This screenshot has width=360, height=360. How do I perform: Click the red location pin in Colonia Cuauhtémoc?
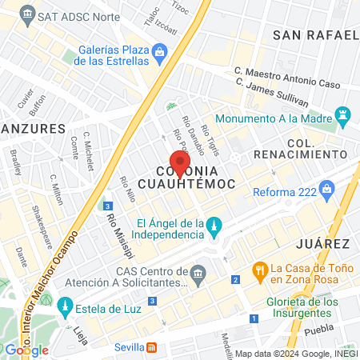180,163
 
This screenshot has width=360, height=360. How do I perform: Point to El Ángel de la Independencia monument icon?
214,228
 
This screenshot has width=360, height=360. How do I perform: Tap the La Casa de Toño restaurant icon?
259,270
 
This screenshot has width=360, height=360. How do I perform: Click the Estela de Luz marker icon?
65,306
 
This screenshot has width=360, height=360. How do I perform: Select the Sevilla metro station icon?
152,347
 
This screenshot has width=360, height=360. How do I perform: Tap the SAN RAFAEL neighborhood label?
315,35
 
